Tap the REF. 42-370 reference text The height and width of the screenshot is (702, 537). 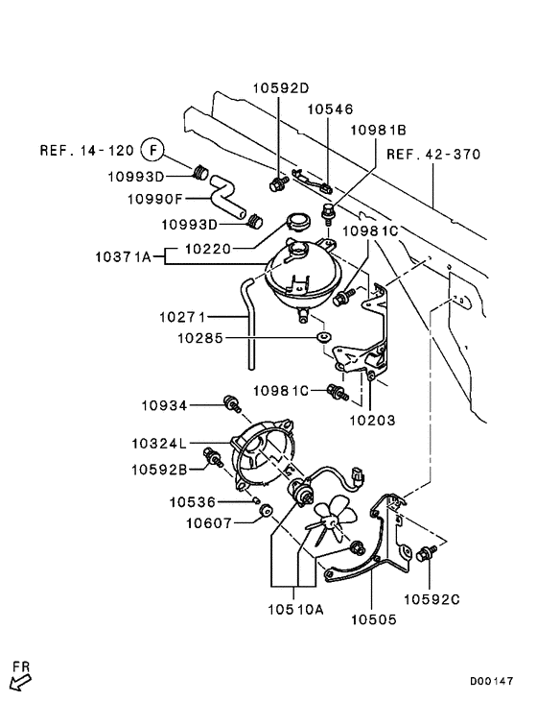[x=433, y=154]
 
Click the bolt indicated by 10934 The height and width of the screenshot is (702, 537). [x=231, y=404]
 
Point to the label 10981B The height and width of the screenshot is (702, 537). [x=378, y=129]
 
